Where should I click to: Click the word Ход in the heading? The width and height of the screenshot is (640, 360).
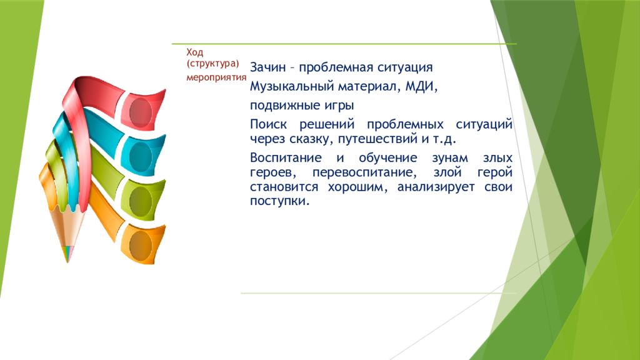(195, 52)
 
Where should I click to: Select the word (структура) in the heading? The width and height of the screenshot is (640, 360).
(212, 64)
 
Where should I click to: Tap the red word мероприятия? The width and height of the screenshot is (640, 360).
(216, 77)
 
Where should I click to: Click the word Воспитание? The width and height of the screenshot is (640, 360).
(286, 158)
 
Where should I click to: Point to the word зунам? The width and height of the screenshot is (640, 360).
(450, 158)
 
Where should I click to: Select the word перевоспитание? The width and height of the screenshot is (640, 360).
(364, 172)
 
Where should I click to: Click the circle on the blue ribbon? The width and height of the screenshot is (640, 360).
(141, 157)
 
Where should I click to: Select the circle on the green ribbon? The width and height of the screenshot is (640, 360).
(141, 201)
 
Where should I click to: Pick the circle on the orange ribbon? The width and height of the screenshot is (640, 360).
(141, 245)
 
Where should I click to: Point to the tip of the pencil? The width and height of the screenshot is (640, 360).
(67, 262)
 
